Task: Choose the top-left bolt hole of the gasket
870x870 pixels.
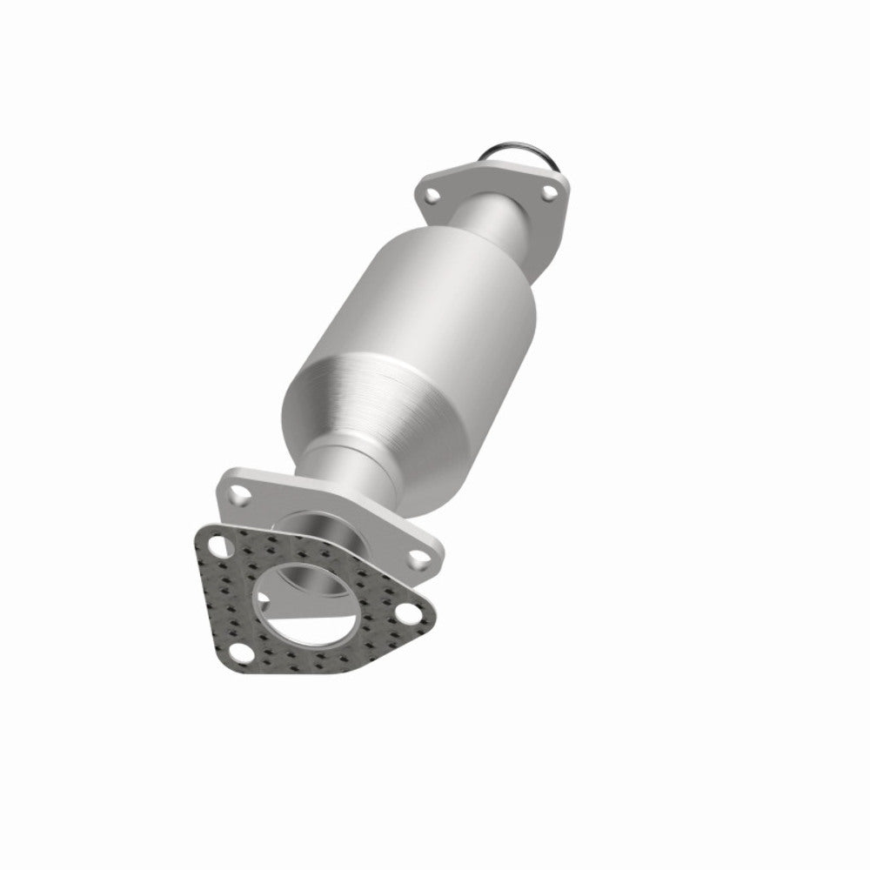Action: [x=214, y=549]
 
